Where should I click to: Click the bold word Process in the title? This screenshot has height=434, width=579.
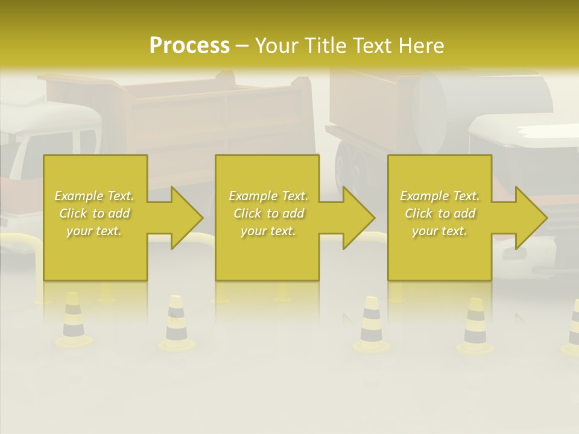[189, 45]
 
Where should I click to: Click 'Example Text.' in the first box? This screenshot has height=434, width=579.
[95, 196]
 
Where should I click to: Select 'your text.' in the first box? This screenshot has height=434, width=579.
[95, 231]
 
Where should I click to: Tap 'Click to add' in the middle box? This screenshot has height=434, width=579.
[268, 213]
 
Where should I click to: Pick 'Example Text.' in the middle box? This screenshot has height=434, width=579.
[268, 196]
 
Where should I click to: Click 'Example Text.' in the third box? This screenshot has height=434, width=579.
[440, 196]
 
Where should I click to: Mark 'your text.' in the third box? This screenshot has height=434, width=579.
[440, 231]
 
